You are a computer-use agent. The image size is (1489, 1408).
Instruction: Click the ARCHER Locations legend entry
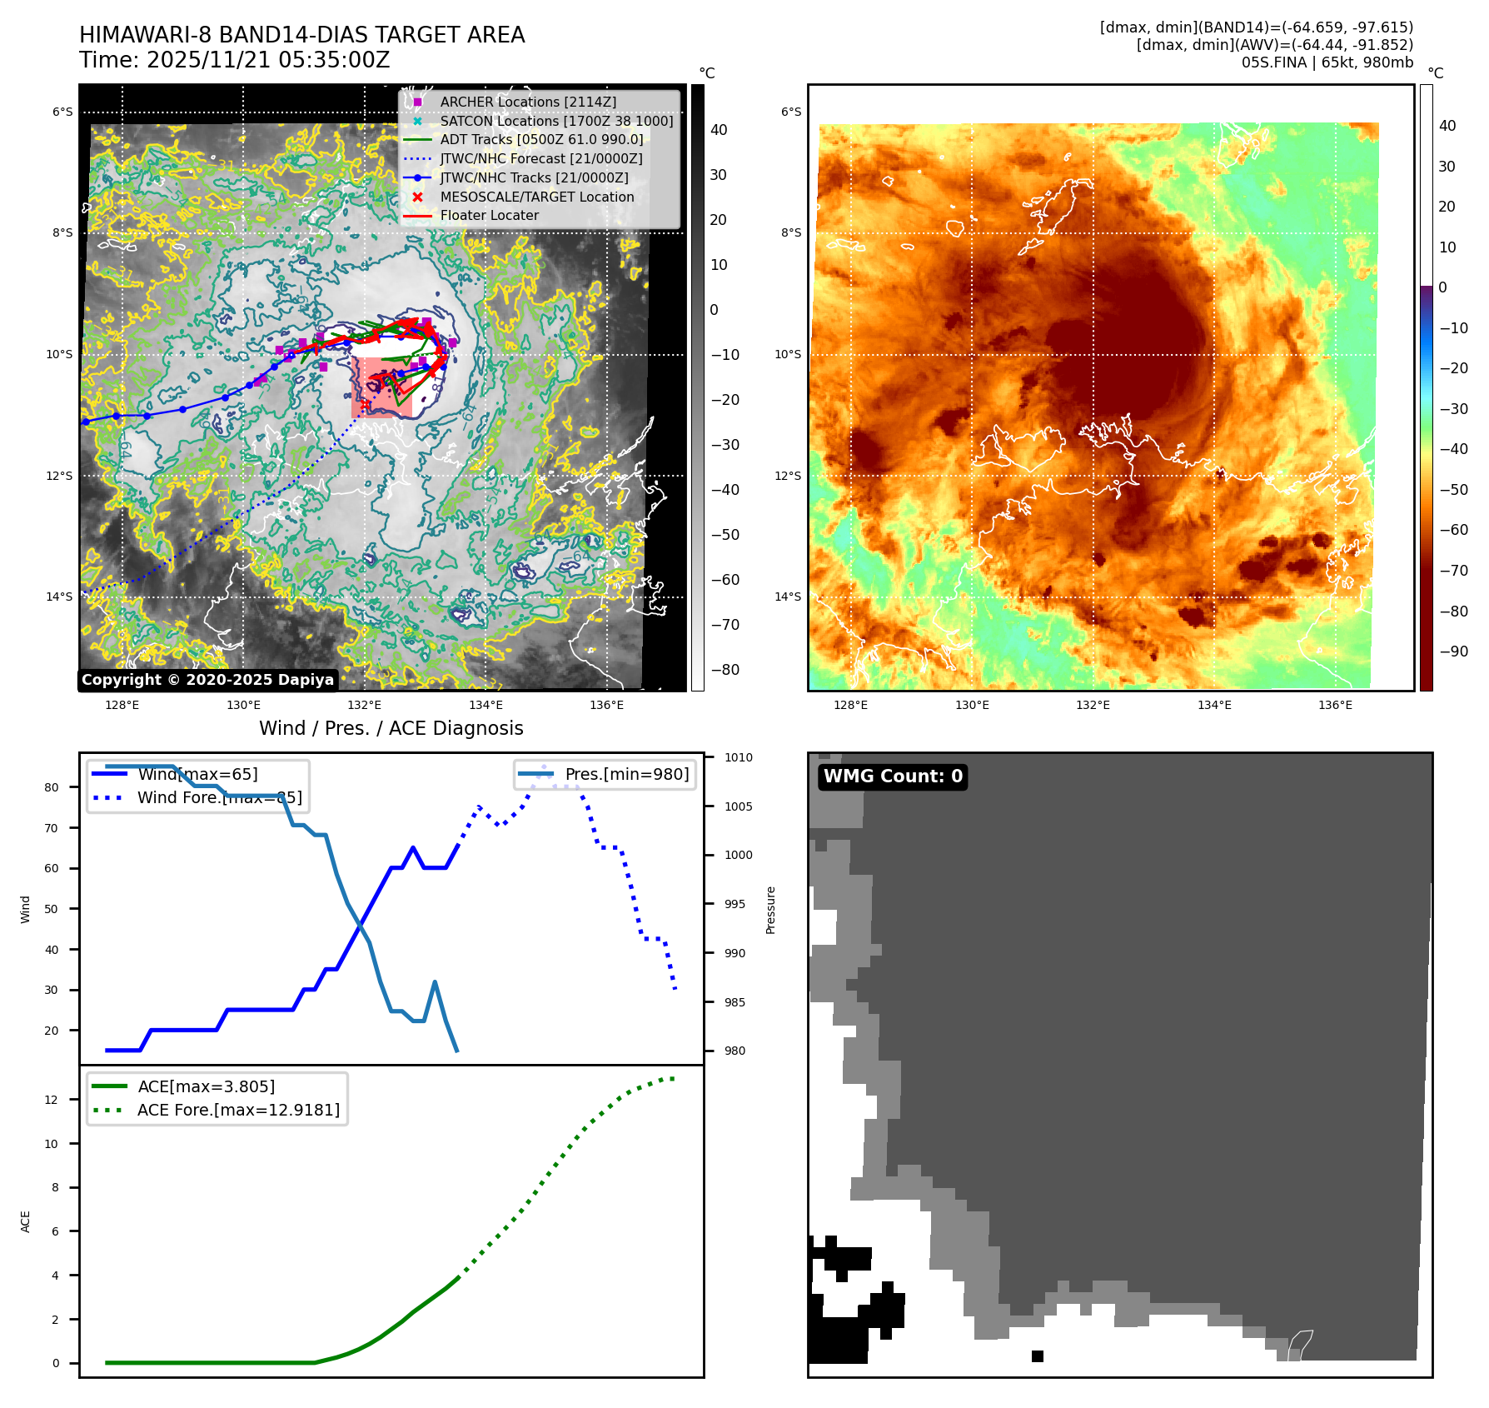tap(528, 102)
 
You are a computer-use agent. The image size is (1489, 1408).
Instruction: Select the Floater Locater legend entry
tap(489, 215)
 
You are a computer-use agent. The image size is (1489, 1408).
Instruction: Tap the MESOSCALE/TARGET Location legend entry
tap(536, 197)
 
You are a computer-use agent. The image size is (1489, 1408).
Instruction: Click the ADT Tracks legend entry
tap(541, 139)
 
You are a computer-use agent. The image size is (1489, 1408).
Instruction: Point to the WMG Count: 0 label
tap(893, 776)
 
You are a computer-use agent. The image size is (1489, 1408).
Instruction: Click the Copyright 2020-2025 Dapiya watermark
tap(207, 680)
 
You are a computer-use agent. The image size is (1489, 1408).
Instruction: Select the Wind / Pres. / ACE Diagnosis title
tap(391, 728)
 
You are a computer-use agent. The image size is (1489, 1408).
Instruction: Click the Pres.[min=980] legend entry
tap(626, 774)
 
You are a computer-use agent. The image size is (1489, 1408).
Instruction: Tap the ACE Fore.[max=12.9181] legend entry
tap(238, 1110)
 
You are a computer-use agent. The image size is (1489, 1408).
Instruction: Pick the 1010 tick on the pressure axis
tap(738, 757)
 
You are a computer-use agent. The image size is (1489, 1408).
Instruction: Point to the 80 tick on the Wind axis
tap(52, 787)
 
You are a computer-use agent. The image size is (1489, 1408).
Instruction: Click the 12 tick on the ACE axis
tap(52, 1100)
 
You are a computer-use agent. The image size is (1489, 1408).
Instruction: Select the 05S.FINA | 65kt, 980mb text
tap(1327, 62)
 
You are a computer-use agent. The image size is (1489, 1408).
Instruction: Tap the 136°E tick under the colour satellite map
tap(1335, 705)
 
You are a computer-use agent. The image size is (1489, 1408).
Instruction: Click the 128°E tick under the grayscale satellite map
tap(122, 705)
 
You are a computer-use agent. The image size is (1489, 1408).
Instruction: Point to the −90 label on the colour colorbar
tap(1453, 652)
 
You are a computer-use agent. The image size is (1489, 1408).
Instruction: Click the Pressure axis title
tap(771, 910)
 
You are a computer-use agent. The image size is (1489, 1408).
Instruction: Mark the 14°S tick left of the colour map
tap(788, 597)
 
